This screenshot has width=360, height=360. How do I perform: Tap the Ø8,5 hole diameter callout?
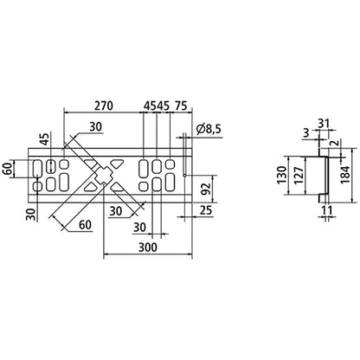coord(208,129)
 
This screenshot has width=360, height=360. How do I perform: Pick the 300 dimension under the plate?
coord(145,247)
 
